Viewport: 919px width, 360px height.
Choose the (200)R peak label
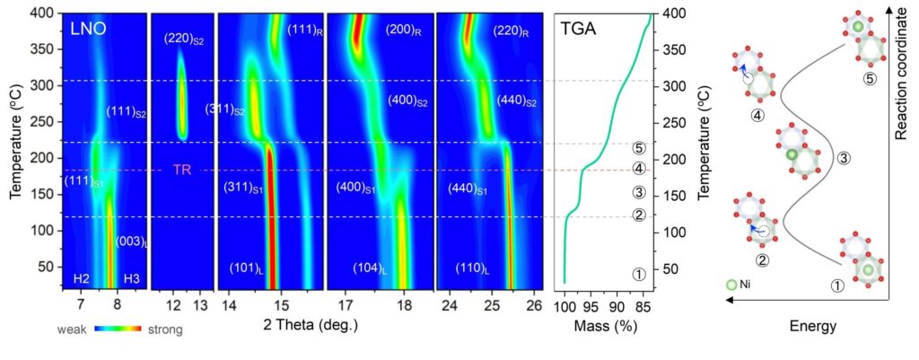coord(405,30)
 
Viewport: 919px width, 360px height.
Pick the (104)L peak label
coord(372,269)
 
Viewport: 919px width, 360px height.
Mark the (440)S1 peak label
coord(468,189)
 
